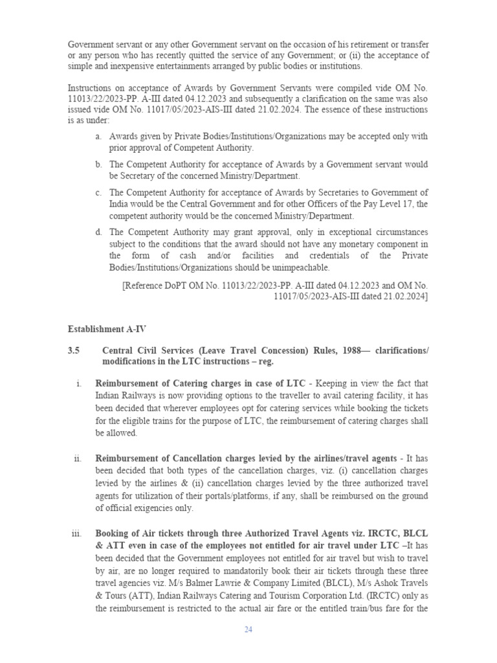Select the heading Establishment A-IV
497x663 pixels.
tap(102, 329)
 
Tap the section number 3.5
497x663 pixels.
tap(73, 350)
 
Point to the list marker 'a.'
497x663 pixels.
tap(98, 137)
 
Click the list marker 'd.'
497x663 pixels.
tap(98, 232)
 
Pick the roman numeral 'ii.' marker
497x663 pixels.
tap(78, 458)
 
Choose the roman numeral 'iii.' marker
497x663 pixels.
tap(76, 534)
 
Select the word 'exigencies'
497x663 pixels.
tap(162, 508)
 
